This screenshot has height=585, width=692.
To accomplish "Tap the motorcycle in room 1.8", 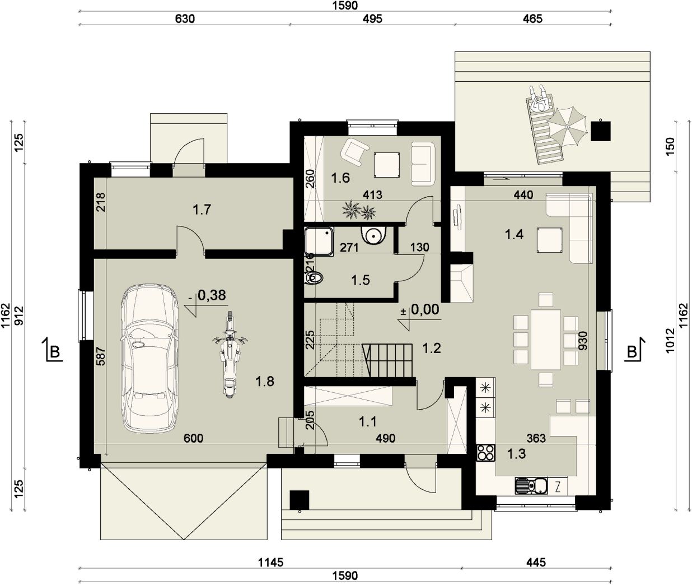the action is pos(230,354).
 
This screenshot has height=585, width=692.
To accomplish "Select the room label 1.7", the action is pos(202,210).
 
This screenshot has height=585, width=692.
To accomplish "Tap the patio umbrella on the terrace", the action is pos(567,127).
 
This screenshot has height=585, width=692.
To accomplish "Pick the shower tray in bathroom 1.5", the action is pos(319,242).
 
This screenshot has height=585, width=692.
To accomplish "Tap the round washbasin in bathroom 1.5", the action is pos(374,235).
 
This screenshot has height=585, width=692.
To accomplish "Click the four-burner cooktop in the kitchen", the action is pos(486,453).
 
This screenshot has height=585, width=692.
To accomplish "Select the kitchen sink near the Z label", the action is pos(531,486).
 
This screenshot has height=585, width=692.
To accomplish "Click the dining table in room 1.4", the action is pos(546,339).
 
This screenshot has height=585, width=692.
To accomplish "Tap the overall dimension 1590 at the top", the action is pos(345,6).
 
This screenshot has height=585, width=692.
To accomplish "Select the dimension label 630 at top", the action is pos(185,18).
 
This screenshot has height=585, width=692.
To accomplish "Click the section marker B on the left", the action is pos(53,350).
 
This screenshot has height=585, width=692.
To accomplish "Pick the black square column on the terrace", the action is pos(601,131).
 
